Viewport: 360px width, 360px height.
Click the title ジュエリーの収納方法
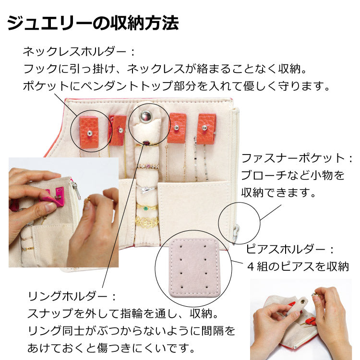coord(93,23)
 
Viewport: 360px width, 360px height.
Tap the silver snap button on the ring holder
coord(146,116)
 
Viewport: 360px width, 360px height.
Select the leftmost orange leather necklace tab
coord(89,132)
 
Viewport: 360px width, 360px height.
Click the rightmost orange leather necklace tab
coord(206,129)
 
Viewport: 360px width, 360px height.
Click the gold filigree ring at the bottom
coord(147,221)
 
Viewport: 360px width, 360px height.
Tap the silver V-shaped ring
coord(146,190)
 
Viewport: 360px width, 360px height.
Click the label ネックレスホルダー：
coord(79,52)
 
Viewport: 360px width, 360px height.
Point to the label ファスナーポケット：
coord(297,158)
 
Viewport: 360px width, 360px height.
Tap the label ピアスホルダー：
coord(290,249)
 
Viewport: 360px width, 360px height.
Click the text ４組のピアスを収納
coord(298,266)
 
